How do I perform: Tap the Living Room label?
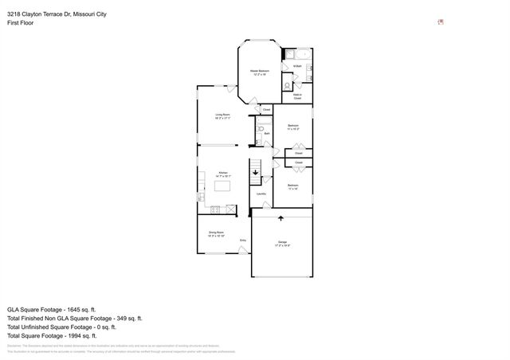click(x=222, y=115)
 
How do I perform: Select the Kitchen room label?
click(x=224, y=173)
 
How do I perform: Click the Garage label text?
click(x=282, y=241)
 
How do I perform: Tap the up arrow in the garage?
click(x=280, y=217)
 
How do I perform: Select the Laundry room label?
click(x=261, y=193)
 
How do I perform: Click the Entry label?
click(x=243, y=240)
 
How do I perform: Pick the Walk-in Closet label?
click(x=297, y=96)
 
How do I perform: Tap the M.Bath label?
click(x=296, y=66)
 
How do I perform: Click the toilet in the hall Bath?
click(x=261, y=127)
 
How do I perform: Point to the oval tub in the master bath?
click(x=292, y=55)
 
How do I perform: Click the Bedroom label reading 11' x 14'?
click(x=292, y=188)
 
